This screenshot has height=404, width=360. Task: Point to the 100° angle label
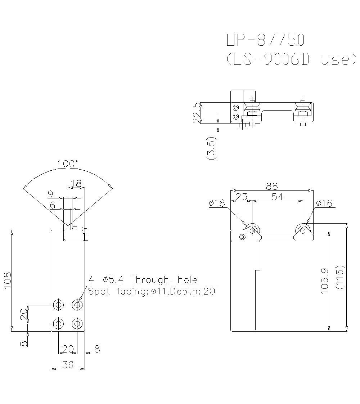coord(68,163)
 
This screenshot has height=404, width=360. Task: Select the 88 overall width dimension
coord(272,186)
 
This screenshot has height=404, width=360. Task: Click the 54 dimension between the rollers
coord(277,197)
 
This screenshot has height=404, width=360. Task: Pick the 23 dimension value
coord(241,197)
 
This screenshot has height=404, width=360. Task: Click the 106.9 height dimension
coord(324,281)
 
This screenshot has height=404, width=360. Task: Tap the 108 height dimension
coord(8,280)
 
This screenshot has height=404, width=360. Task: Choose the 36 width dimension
coord(67,365)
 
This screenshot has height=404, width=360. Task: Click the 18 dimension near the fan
coord(76,184)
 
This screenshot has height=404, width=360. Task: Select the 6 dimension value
coord(53,206)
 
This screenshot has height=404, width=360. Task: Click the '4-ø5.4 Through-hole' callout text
coord(143,279)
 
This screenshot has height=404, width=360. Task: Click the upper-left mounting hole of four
coord(58,305)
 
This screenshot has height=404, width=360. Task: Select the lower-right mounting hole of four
coord(77,323)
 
